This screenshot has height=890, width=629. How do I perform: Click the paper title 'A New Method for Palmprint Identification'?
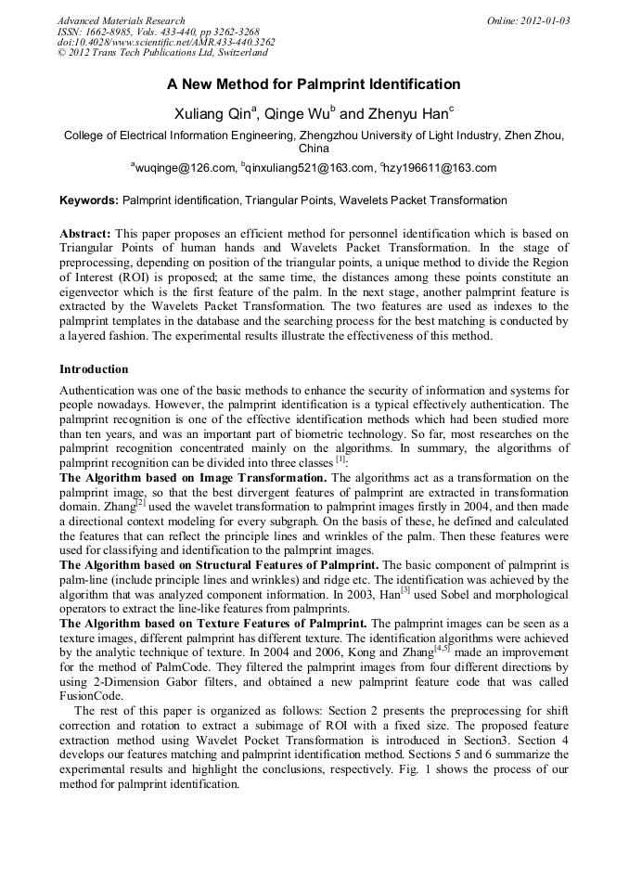314,84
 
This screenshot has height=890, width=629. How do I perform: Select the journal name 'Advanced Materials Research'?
121,20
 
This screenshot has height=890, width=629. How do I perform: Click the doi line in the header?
166,43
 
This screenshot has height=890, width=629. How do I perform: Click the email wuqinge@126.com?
185,168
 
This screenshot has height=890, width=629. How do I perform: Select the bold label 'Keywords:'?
89,200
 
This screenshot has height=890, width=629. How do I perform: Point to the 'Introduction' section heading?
94,369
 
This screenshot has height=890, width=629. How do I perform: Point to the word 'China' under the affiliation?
314,148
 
